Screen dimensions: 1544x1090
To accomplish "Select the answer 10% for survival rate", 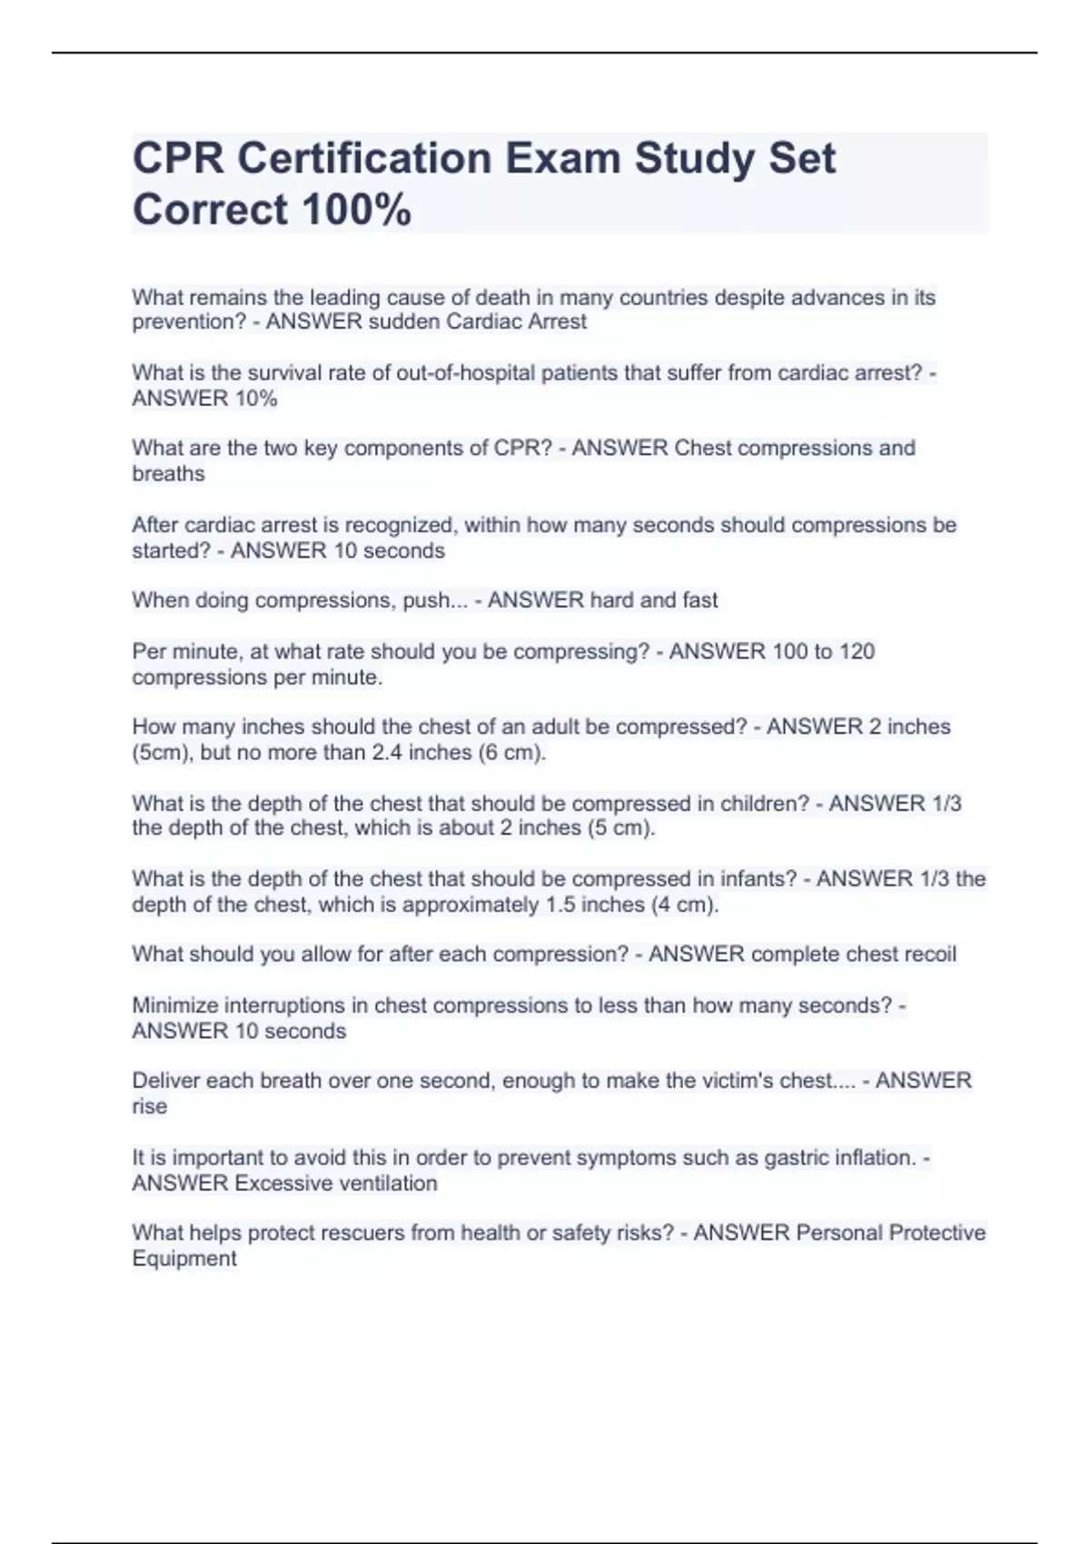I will tap(255, 398).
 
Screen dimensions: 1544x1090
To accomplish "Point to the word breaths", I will tap(169, 473).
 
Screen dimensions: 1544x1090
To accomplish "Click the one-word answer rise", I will tap(150, 1106).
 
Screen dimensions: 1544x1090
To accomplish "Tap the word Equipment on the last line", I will tap(184, 1258).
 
